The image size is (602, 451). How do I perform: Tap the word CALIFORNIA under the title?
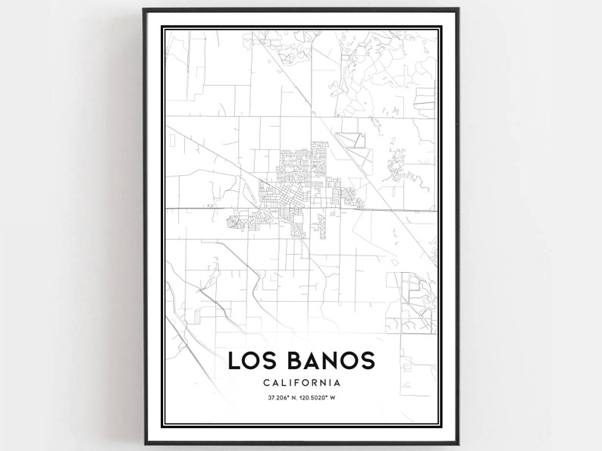(301, 384)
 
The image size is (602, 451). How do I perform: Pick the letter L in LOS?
(234, 361)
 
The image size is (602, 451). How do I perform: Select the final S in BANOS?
(368, 361)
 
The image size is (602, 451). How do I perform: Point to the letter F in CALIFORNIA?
(296, 384)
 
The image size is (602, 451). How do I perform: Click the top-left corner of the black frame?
(143, 9)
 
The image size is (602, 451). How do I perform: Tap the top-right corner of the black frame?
(458, 9)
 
